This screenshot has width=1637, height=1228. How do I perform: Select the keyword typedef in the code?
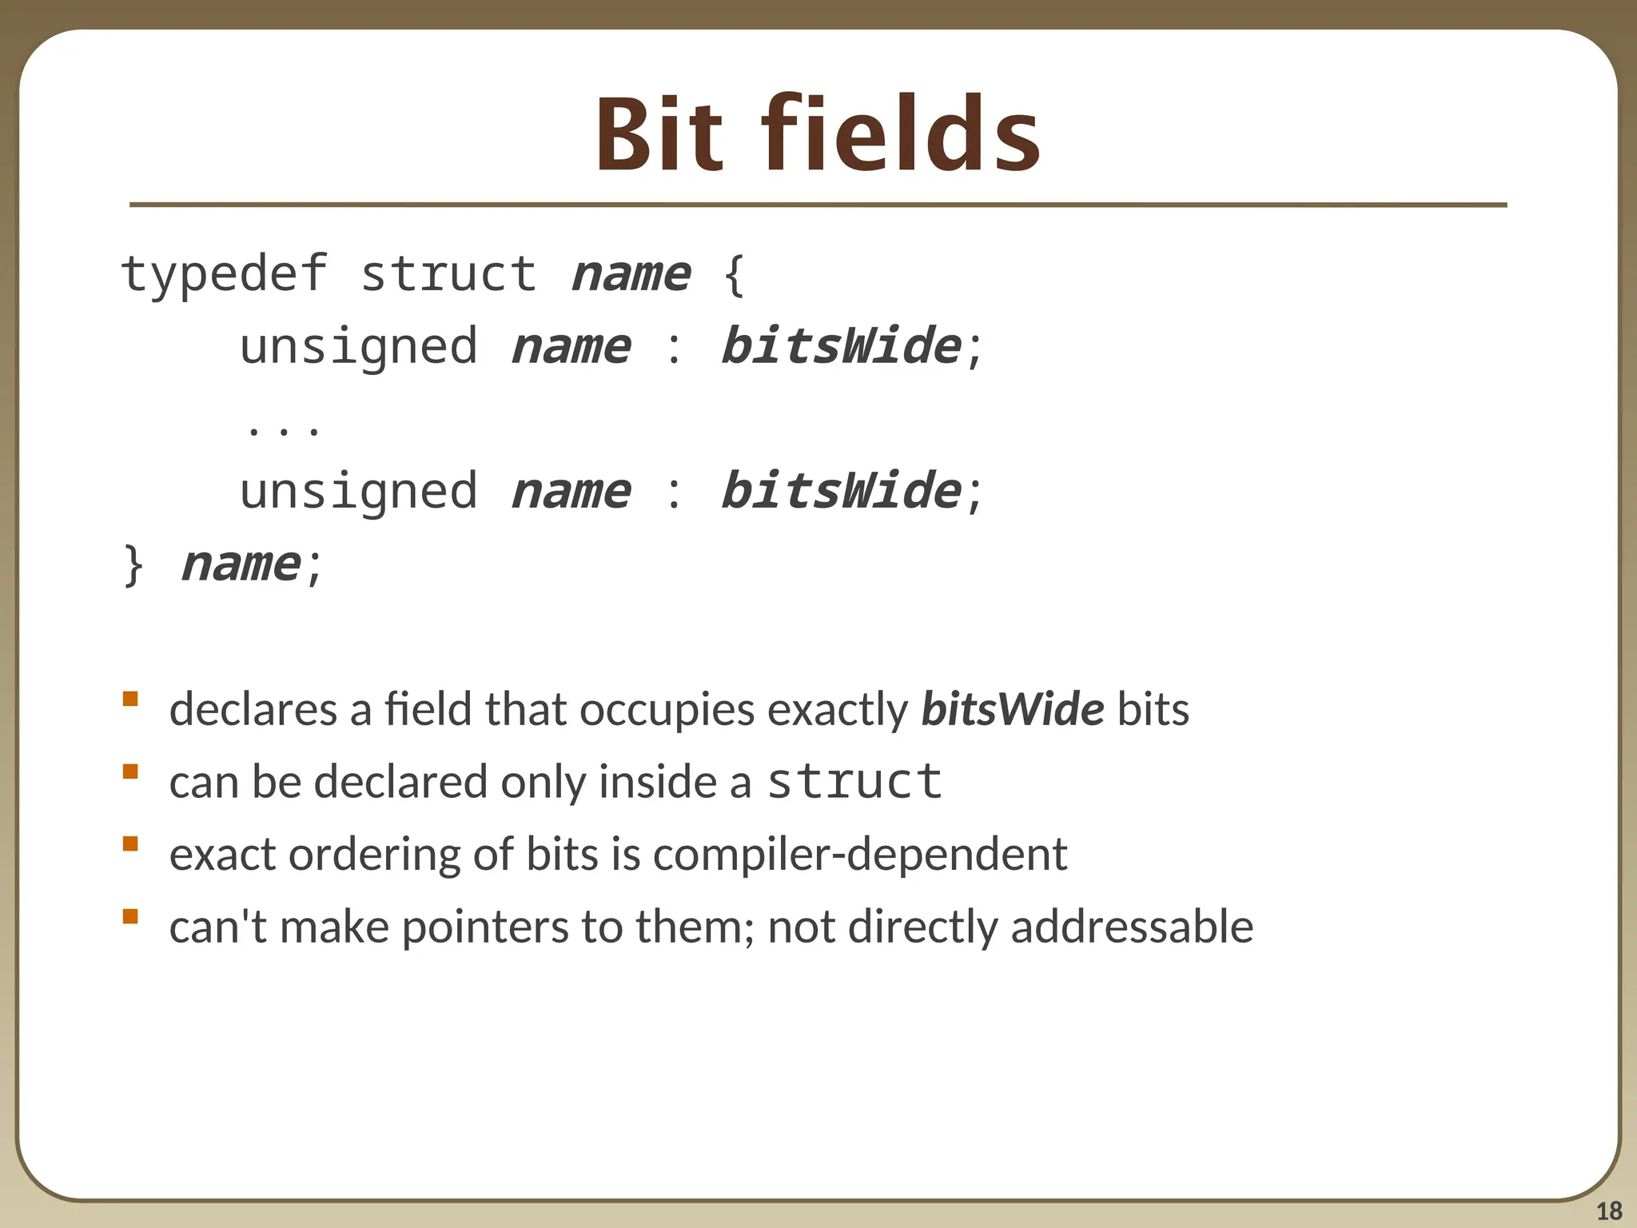(224, 274)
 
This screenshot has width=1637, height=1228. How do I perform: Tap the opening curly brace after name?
(734, 274)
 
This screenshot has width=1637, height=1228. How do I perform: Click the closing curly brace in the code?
(133, 564)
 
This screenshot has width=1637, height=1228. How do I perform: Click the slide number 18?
(1609, 1211)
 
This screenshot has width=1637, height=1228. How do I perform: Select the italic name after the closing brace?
(241, 564)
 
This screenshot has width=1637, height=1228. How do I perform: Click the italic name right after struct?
(631, 274)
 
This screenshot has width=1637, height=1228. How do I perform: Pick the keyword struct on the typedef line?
(448, 274)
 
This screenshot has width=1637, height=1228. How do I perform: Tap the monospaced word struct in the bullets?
(854, 781)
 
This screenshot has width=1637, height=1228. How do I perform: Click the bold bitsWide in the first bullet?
(1013, 709)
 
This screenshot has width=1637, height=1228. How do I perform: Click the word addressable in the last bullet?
(1132, 927)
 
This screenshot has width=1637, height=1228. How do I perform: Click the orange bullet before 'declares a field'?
(130, 700)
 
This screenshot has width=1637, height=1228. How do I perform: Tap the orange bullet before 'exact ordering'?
(130, 844)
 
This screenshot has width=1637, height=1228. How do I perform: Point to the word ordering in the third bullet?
(374, 854)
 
